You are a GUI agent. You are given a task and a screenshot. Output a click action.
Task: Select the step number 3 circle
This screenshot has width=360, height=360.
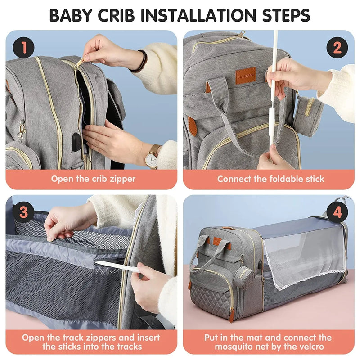(23, 212)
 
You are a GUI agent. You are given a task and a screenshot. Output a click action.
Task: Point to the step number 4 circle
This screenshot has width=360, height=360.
(337, 212)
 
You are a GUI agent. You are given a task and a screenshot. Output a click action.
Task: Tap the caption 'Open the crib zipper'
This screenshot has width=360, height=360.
(93, 179)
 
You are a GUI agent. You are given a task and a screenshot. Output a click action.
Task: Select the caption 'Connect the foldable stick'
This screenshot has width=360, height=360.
(270, 179)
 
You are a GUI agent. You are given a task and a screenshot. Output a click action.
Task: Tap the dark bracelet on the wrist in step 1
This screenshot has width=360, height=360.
(143, 61)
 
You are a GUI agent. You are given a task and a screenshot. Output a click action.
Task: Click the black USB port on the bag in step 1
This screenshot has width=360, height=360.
(76, 142)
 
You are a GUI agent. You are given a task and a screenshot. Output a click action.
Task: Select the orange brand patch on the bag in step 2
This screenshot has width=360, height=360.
(246, 75)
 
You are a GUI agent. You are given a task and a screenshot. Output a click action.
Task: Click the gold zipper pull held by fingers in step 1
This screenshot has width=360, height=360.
(79, 64)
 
